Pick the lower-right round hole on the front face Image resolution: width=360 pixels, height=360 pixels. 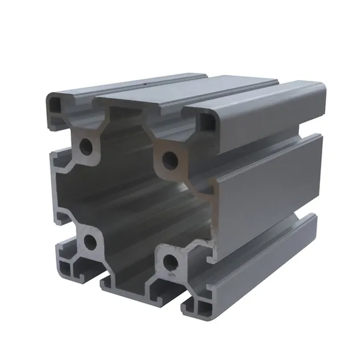[x=170, y=261]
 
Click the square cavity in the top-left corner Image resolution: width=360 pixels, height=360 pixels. [x=58, y=104]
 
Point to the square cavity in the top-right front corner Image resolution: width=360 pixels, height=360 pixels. [x=210, y=124]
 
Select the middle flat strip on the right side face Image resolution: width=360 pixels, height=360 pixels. [x=268, y=194]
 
